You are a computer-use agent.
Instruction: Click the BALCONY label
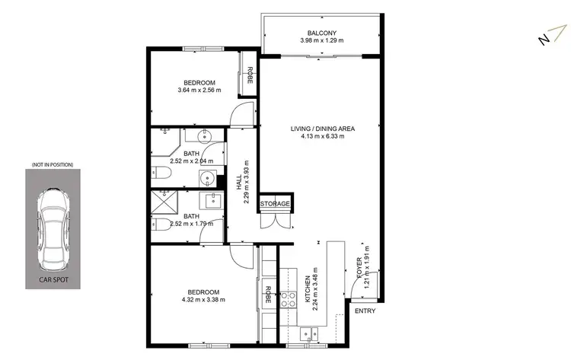click(322, 33)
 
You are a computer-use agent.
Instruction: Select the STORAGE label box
click(275, 204)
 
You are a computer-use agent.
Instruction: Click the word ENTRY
click(365, 311)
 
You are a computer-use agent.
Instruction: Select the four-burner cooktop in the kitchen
click(288, 299)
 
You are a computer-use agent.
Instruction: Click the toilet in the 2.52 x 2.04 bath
click(161, 172)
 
